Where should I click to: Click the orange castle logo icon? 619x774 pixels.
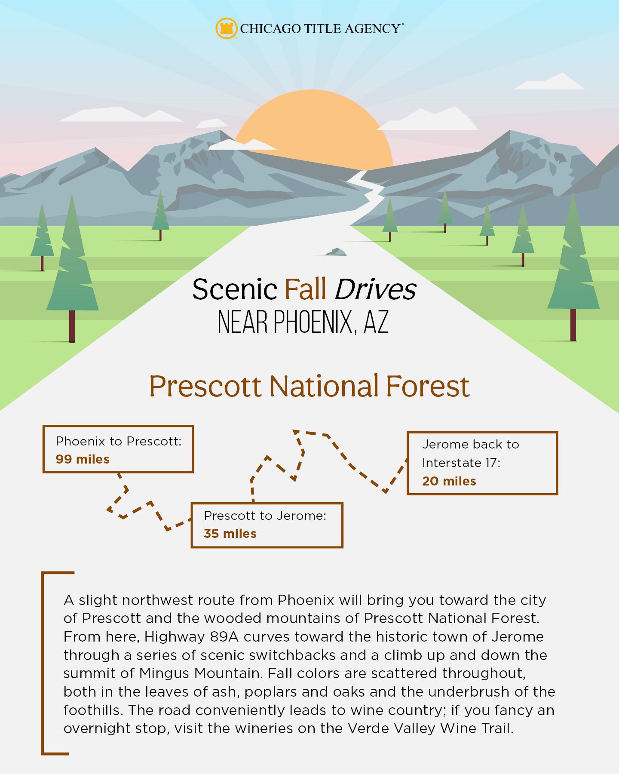click(x=226, y=28)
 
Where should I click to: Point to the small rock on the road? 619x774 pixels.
click(x=336, y=252)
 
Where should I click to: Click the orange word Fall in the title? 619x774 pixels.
click(x=306, y=289)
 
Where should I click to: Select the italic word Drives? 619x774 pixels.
click(x=375, y=289)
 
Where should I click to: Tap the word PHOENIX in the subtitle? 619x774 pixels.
click(x=315, y=322)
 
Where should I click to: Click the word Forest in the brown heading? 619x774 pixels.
click(x=428, y=386)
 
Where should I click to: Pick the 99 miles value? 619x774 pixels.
click(x=83, y=459)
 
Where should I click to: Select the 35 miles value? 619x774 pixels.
click(x=230, y=534)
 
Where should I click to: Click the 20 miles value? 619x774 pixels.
click(x=449, y=481)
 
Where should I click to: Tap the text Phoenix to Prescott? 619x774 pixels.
click(x=119, y=441)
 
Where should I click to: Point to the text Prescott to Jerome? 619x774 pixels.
click(x=265, y=516)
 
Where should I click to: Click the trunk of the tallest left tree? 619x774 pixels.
click(x=72, y=326)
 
